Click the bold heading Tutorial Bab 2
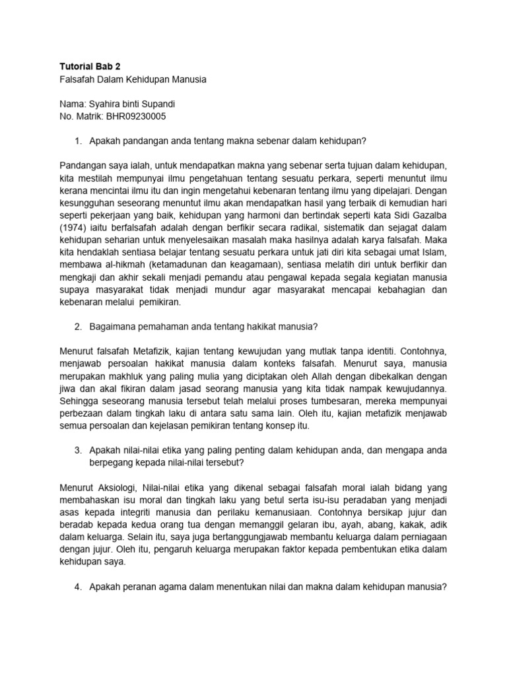click(x=86, y=66)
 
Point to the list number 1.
click(x=77, y=141)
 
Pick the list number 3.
click(x=77, y=450)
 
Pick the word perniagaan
click(x=421, y=538)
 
